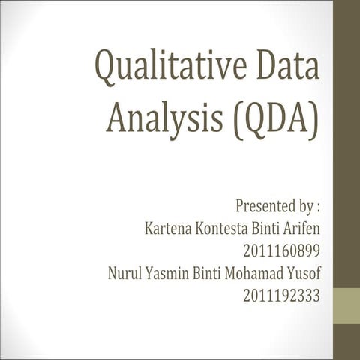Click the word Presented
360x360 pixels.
click(x=262, y=205)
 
